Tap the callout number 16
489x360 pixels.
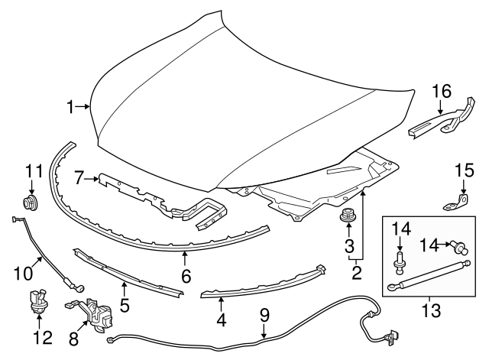click(441, 92)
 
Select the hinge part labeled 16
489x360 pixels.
click(439, 122)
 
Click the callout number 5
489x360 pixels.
click(125, 306)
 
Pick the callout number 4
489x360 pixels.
click(221, 320)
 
